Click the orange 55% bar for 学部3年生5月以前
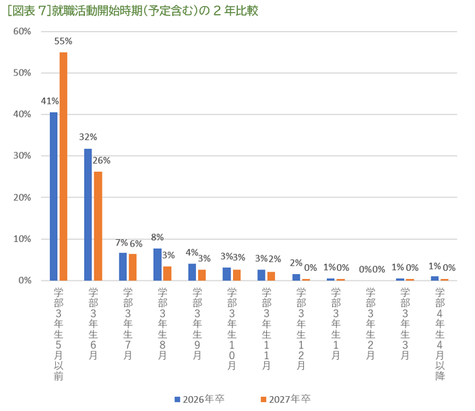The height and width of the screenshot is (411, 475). click(63, 166)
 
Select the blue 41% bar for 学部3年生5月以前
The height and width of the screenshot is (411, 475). click(54, 196)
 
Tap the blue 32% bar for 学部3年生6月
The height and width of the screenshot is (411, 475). click(88, 214)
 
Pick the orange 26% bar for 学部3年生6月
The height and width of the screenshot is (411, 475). click(98, 226)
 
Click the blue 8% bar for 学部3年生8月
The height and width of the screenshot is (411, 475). click(158, 265)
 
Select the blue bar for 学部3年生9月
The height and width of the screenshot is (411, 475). click(192, 272)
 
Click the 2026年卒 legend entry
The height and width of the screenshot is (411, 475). click(199, 399)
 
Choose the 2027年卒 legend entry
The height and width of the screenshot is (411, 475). click(284, 399)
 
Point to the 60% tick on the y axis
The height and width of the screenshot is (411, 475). click(22, 32)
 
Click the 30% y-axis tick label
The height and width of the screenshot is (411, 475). click(22, 156)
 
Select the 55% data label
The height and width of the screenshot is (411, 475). click(64, 41)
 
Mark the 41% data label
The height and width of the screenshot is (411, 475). click(50, 101)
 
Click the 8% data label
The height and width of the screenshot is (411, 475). click(158, 237)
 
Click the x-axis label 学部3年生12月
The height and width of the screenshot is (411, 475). click(300, 328)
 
